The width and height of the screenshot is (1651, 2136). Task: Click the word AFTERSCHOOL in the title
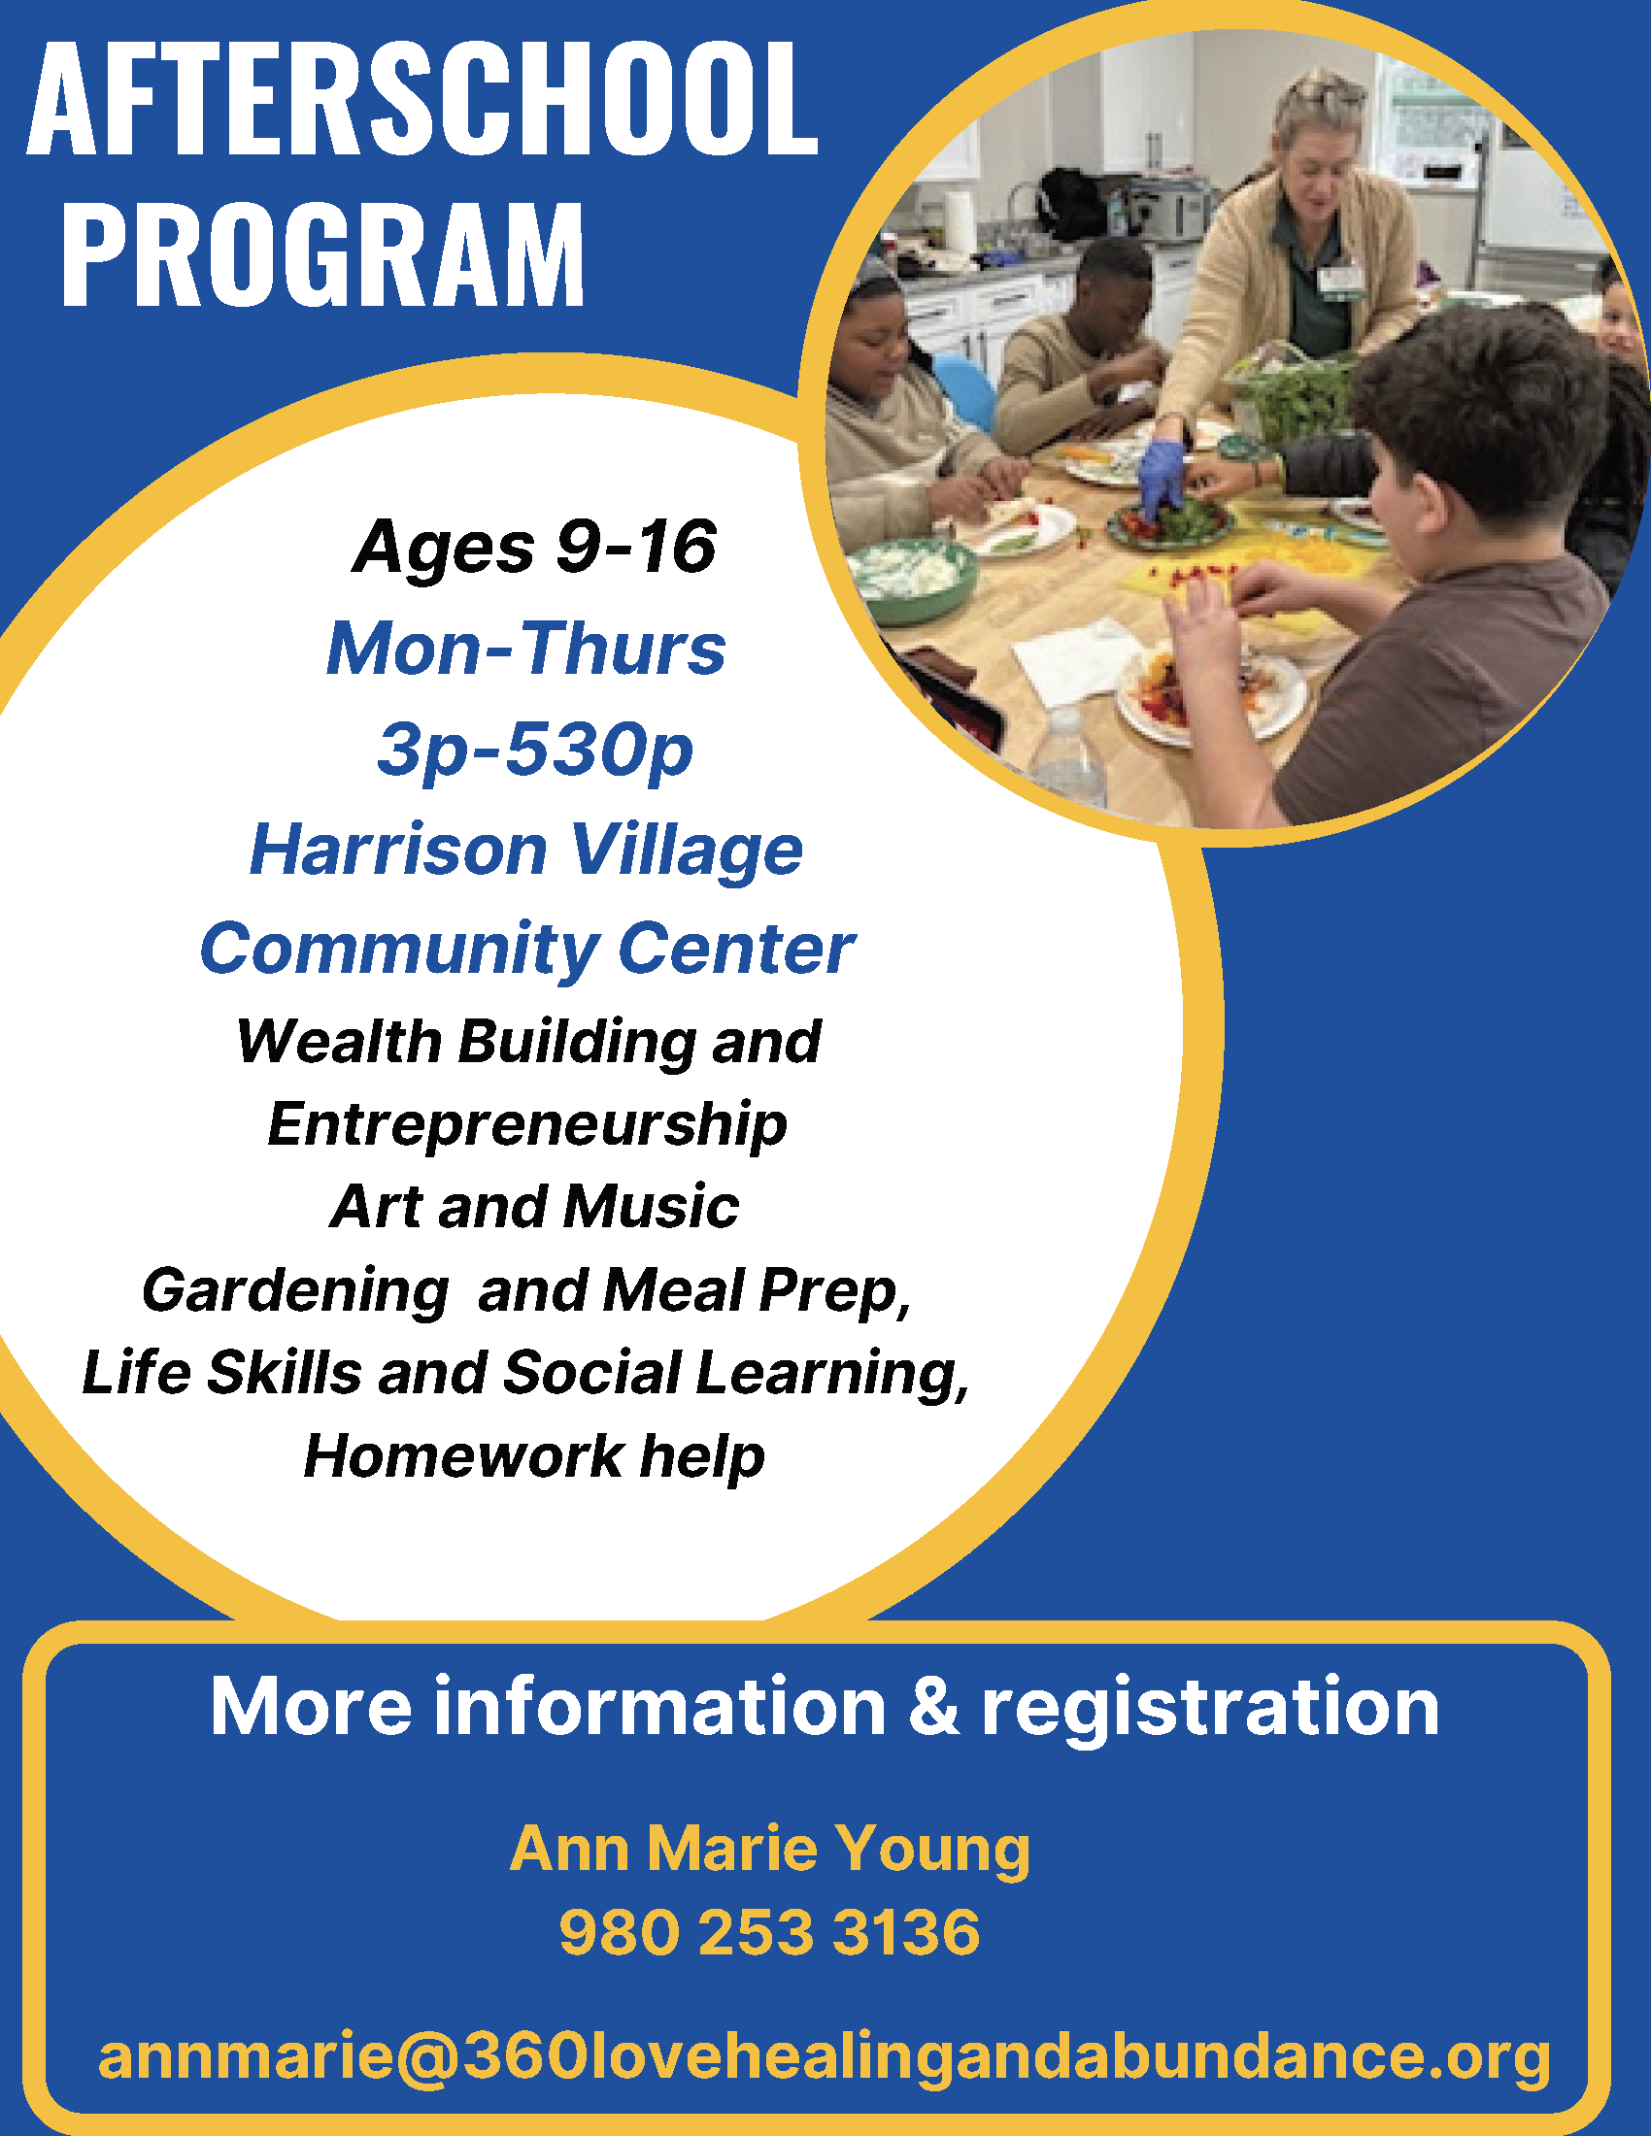[421, 99]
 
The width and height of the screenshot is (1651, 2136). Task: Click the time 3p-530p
[535, 751]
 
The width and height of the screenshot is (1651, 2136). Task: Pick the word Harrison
[398, 849]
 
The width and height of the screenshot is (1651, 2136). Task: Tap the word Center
[736, 949]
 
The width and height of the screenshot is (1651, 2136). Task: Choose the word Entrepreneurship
[527, 1125]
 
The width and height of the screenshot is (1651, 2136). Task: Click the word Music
[652, 1206]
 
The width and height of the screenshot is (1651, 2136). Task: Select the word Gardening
[295, 1291]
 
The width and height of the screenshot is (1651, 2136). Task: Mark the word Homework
[463, 1456]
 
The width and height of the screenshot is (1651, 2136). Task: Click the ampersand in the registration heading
[933, 1706]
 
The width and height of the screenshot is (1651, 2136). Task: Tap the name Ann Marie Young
[770, 1850]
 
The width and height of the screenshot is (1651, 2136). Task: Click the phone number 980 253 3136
[769, 1932]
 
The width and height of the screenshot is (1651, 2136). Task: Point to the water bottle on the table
[1068, 753]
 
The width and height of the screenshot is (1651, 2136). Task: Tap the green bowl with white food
[913, 578]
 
